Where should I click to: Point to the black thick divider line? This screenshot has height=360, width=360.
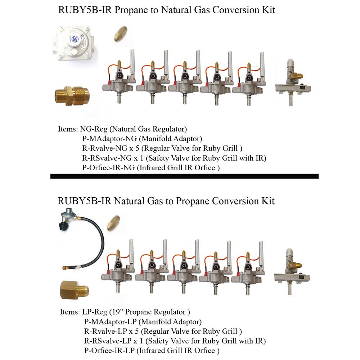(184, 176)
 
